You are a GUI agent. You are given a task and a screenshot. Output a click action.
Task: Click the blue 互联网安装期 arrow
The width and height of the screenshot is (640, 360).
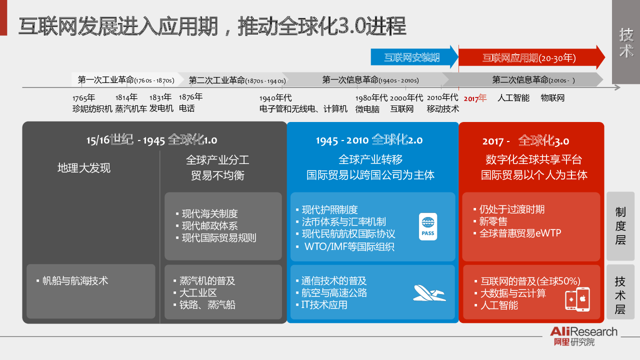click(414, 57)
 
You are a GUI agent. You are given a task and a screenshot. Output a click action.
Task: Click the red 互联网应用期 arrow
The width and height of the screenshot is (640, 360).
click(531, 57)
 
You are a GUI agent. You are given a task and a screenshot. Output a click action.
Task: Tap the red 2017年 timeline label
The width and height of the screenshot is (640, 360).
click(475, 98)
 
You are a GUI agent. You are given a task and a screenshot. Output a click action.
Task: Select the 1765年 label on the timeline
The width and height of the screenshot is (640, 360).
click(83, 98)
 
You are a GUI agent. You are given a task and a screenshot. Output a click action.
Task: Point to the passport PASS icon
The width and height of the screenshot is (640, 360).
click(427, 226)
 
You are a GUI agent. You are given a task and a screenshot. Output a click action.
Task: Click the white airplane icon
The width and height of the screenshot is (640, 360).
click(429, 293)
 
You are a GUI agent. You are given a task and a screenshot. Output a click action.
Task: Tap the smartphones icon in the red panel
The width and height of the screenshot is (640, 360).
click(577, 299)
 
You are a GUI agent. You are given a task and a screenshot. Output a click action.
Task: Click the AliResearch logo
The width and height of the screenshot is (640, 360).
click(583, 336)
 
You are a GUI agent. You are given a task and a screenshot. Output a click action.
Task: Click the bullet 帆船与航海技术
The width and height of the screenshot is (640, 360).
click(72, 280)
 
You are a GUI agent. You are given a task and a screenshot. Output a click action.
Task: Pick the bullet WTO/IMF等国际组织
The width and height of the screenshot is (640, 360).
click(345, 246)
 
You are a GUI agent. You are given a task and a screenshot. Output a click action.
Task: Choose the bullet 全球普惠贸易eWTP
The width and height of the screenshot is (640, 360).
click(517, 233)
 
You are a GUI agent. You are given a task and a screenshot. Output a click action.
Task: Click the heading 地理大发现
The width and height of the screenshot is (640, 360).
click(83, 168)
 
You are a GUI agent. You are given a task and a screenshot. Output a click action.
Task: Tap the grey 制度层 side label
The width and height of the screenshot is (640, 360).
click(620, 226)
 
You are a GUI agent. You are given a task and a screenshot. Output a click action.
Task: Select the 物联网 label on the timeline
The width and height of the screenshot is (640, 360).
click(552, 98)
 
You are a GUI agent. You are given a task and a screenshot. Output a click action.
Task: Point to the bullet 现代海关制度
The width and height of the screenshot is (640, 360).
click(206, 213)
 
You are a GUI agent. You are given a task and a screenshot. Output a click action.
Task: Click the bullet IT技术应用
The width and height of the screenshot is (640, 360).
click(321, 305)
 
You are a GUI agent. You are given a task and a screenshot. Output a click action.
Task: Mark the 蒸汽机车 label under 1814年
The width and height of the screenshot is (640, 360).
click(131, 109)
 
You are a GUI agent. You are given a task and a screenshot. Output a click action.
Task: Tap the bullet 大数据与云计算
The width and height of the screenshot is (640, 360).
click(510, 293)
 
